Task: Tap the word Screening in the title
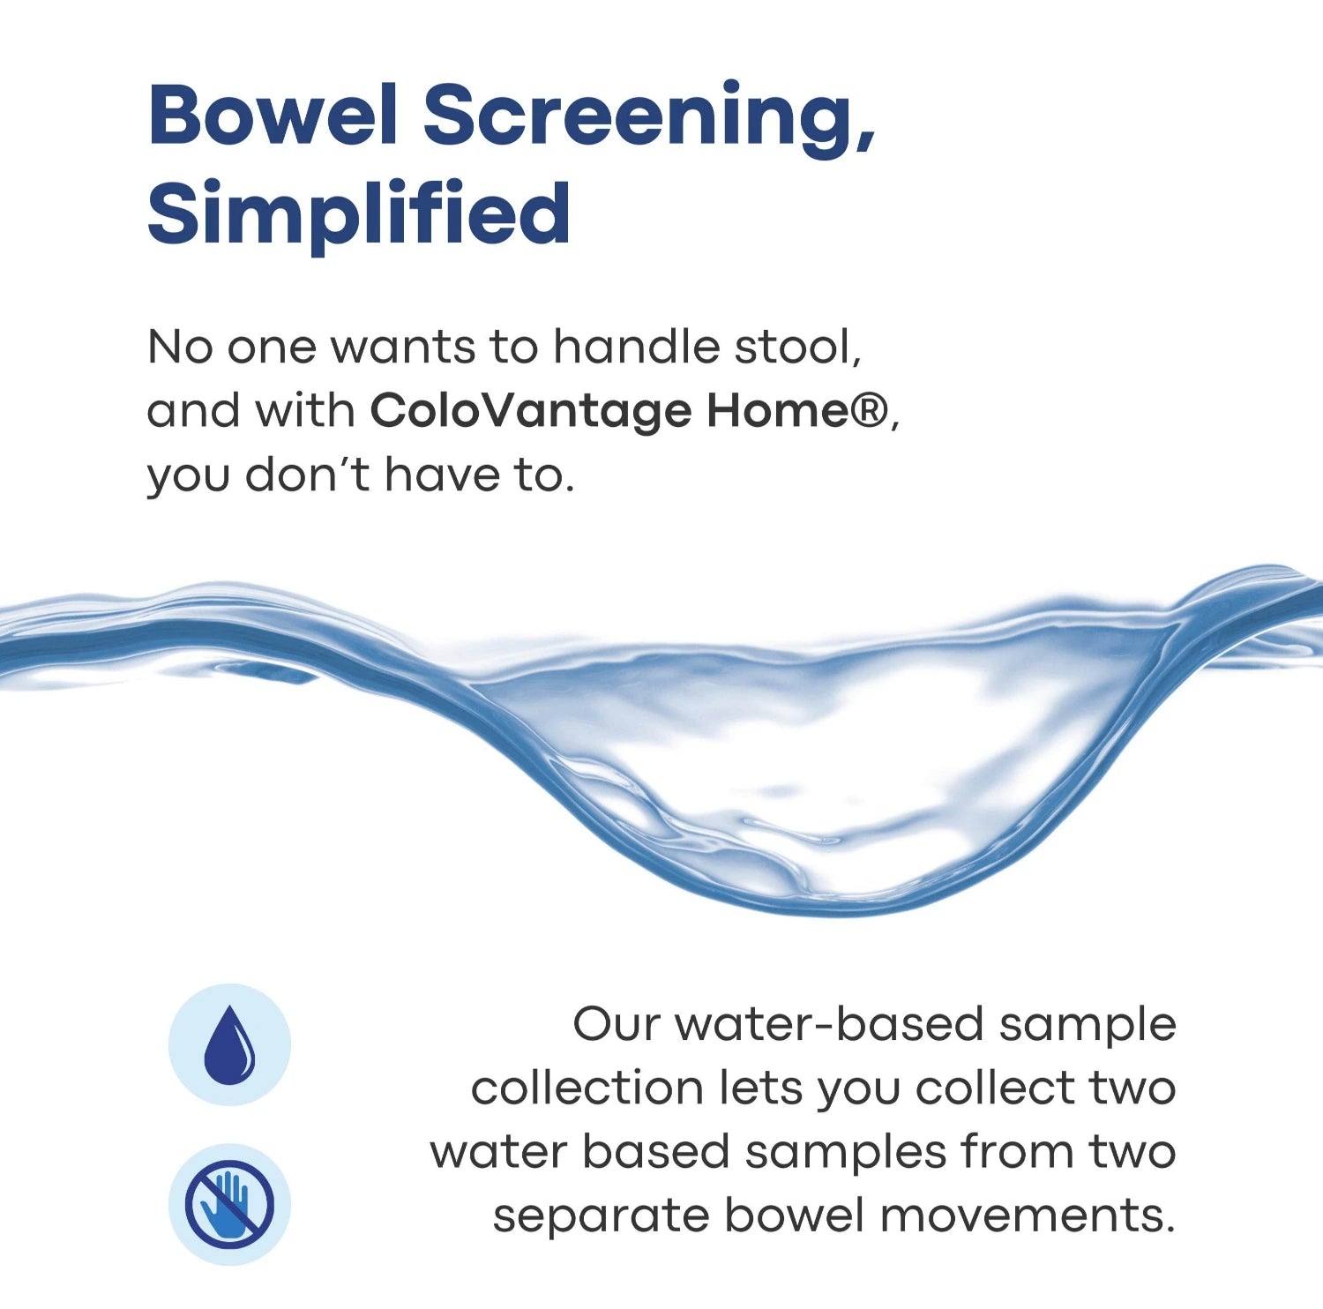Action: [x=649, y=121]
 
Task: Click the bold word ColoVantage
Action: [x=530, y=411]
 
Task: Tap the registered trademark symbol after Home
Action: [x=871, y=410]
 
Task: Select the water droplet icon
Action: [x=229, y=1044]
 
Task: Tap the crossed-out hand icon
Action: [x=229, y=1204]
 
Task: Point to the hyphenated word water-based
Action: [x=829, y=1024]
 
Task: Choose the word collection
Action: [x=586, y=1088]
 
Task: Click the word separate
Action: [x=601, y=1216]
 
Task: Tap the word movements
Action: [x=1028, y=1215]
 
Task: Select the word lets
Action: [x=759, y=1088]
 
